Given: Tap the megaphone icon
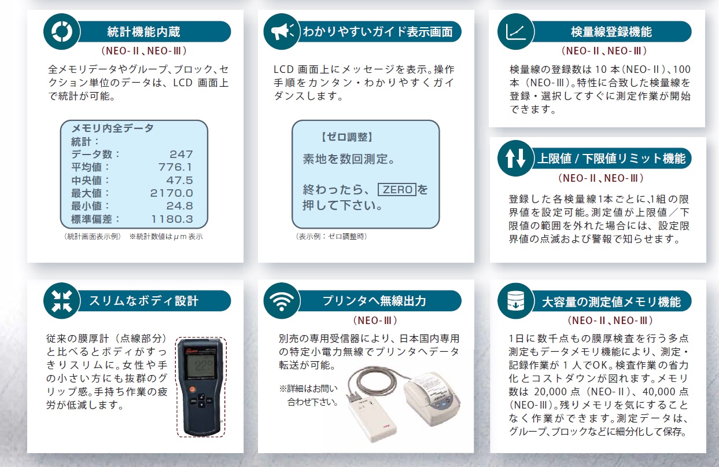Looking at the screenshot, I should coord(283,31).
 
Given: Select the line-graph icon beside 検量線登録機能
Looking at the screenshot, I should coord(515,31).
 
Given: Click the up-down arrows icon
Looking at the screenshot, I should coord(515,158).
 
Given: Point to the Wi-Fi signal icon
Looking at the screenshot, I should coord(283,301).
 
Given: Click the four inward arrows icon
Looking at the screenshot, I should coord(61,301).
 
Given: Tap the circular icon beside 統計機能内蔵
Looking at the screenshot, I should coord(61,31).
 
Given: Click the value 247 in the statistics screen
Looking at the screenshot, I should coord(181,154).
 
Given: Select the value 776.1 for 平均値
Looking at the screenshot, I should coord(175,167).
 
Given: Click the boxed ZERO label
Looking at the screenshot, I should coord(397,190).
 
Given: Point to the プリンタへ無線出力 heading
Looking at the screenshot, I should coord(374,301).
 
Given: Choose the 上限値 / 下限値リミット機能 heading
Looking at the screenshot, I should coord(611,158).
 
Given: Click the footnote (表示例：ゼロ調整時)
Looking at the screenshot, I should coord(331,236).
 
